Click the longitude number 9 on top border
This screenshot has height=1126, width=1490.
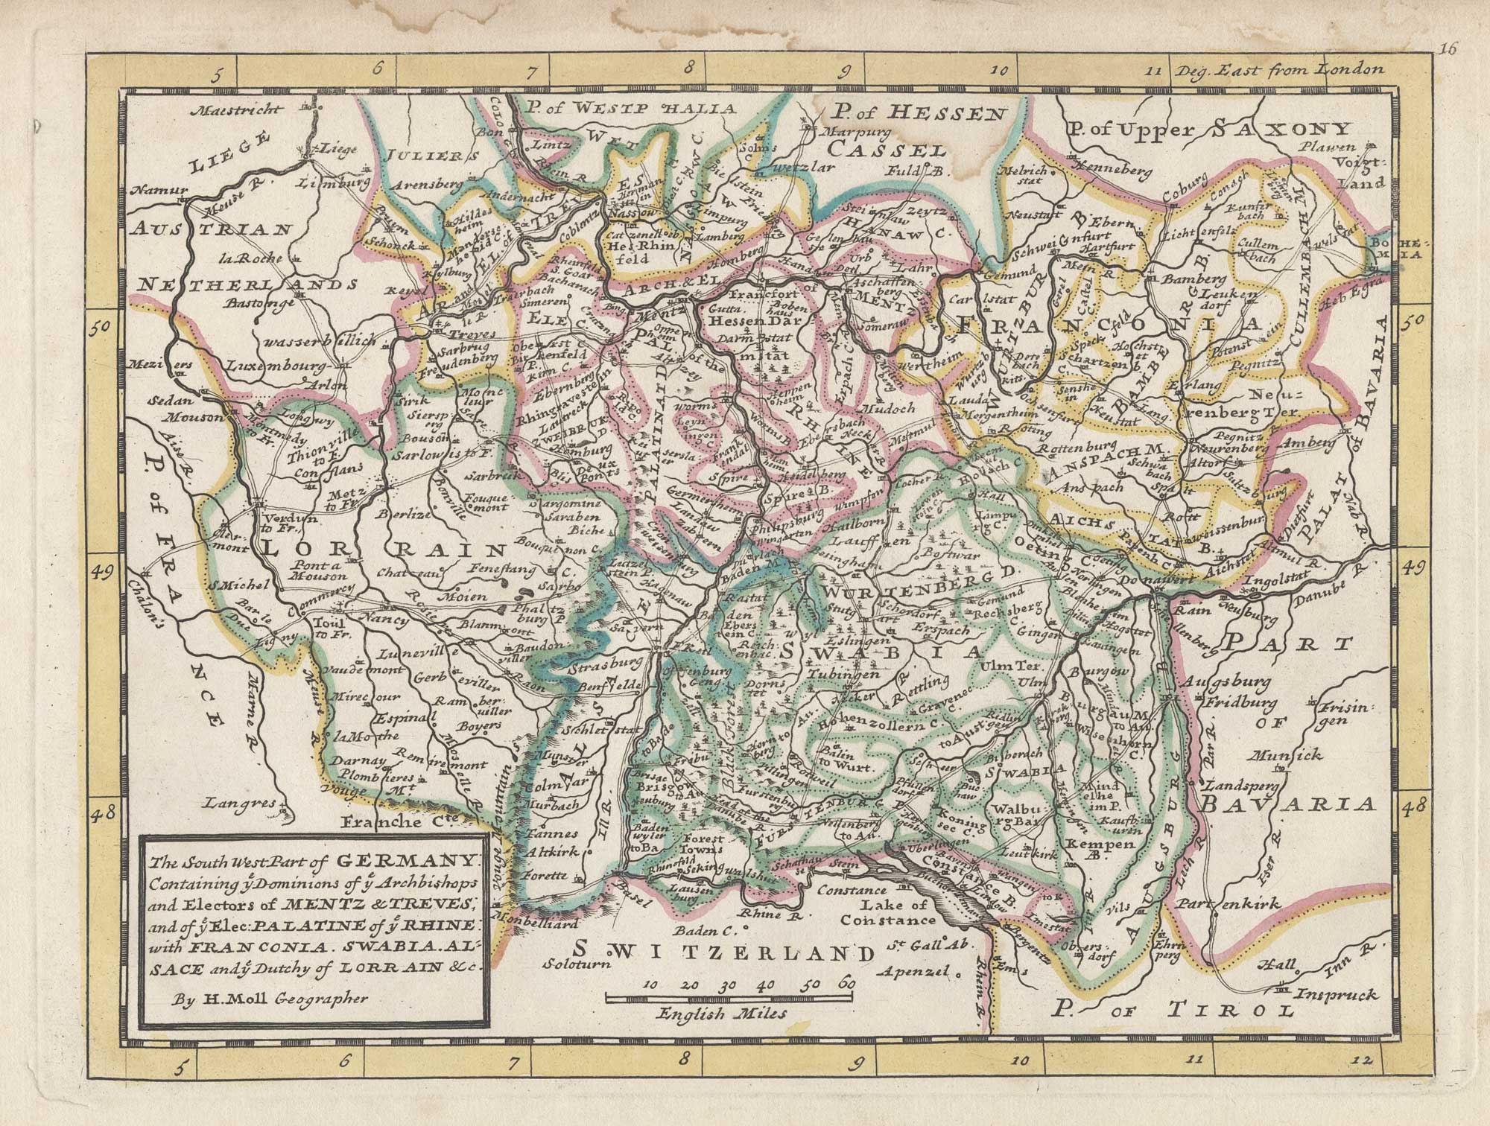click(x=846, y=72)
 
